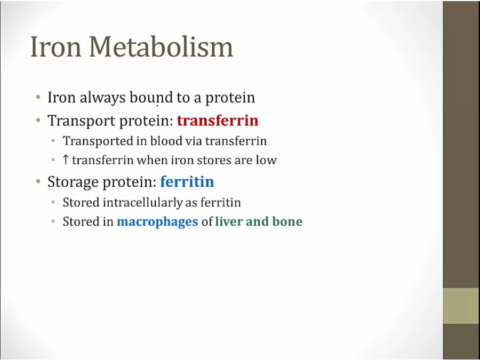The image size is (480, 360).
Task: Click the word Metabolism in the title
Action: tap(161, 46)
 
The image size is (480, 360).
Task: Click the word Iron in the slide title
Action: tap(56, 46)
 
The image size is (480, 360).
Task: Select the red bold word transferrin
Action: tap(218, 121)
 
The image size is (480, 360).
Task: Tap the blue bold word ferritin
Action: tap(187, 181)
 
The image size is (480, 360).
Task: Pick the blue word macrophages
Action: tap(157, 222)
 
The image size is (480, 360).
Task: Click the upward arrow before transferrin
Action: tap(65, 160)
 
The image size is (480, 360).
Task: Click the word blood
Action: tap(166, 141)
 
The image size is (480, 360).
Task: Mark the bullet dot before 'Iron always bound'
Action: tap(38, 98)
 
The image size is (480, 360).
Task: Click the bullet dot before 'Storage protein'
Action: tap(38, 181)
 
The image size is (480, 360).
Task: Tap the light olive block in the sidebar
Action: tap(461, 306)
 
